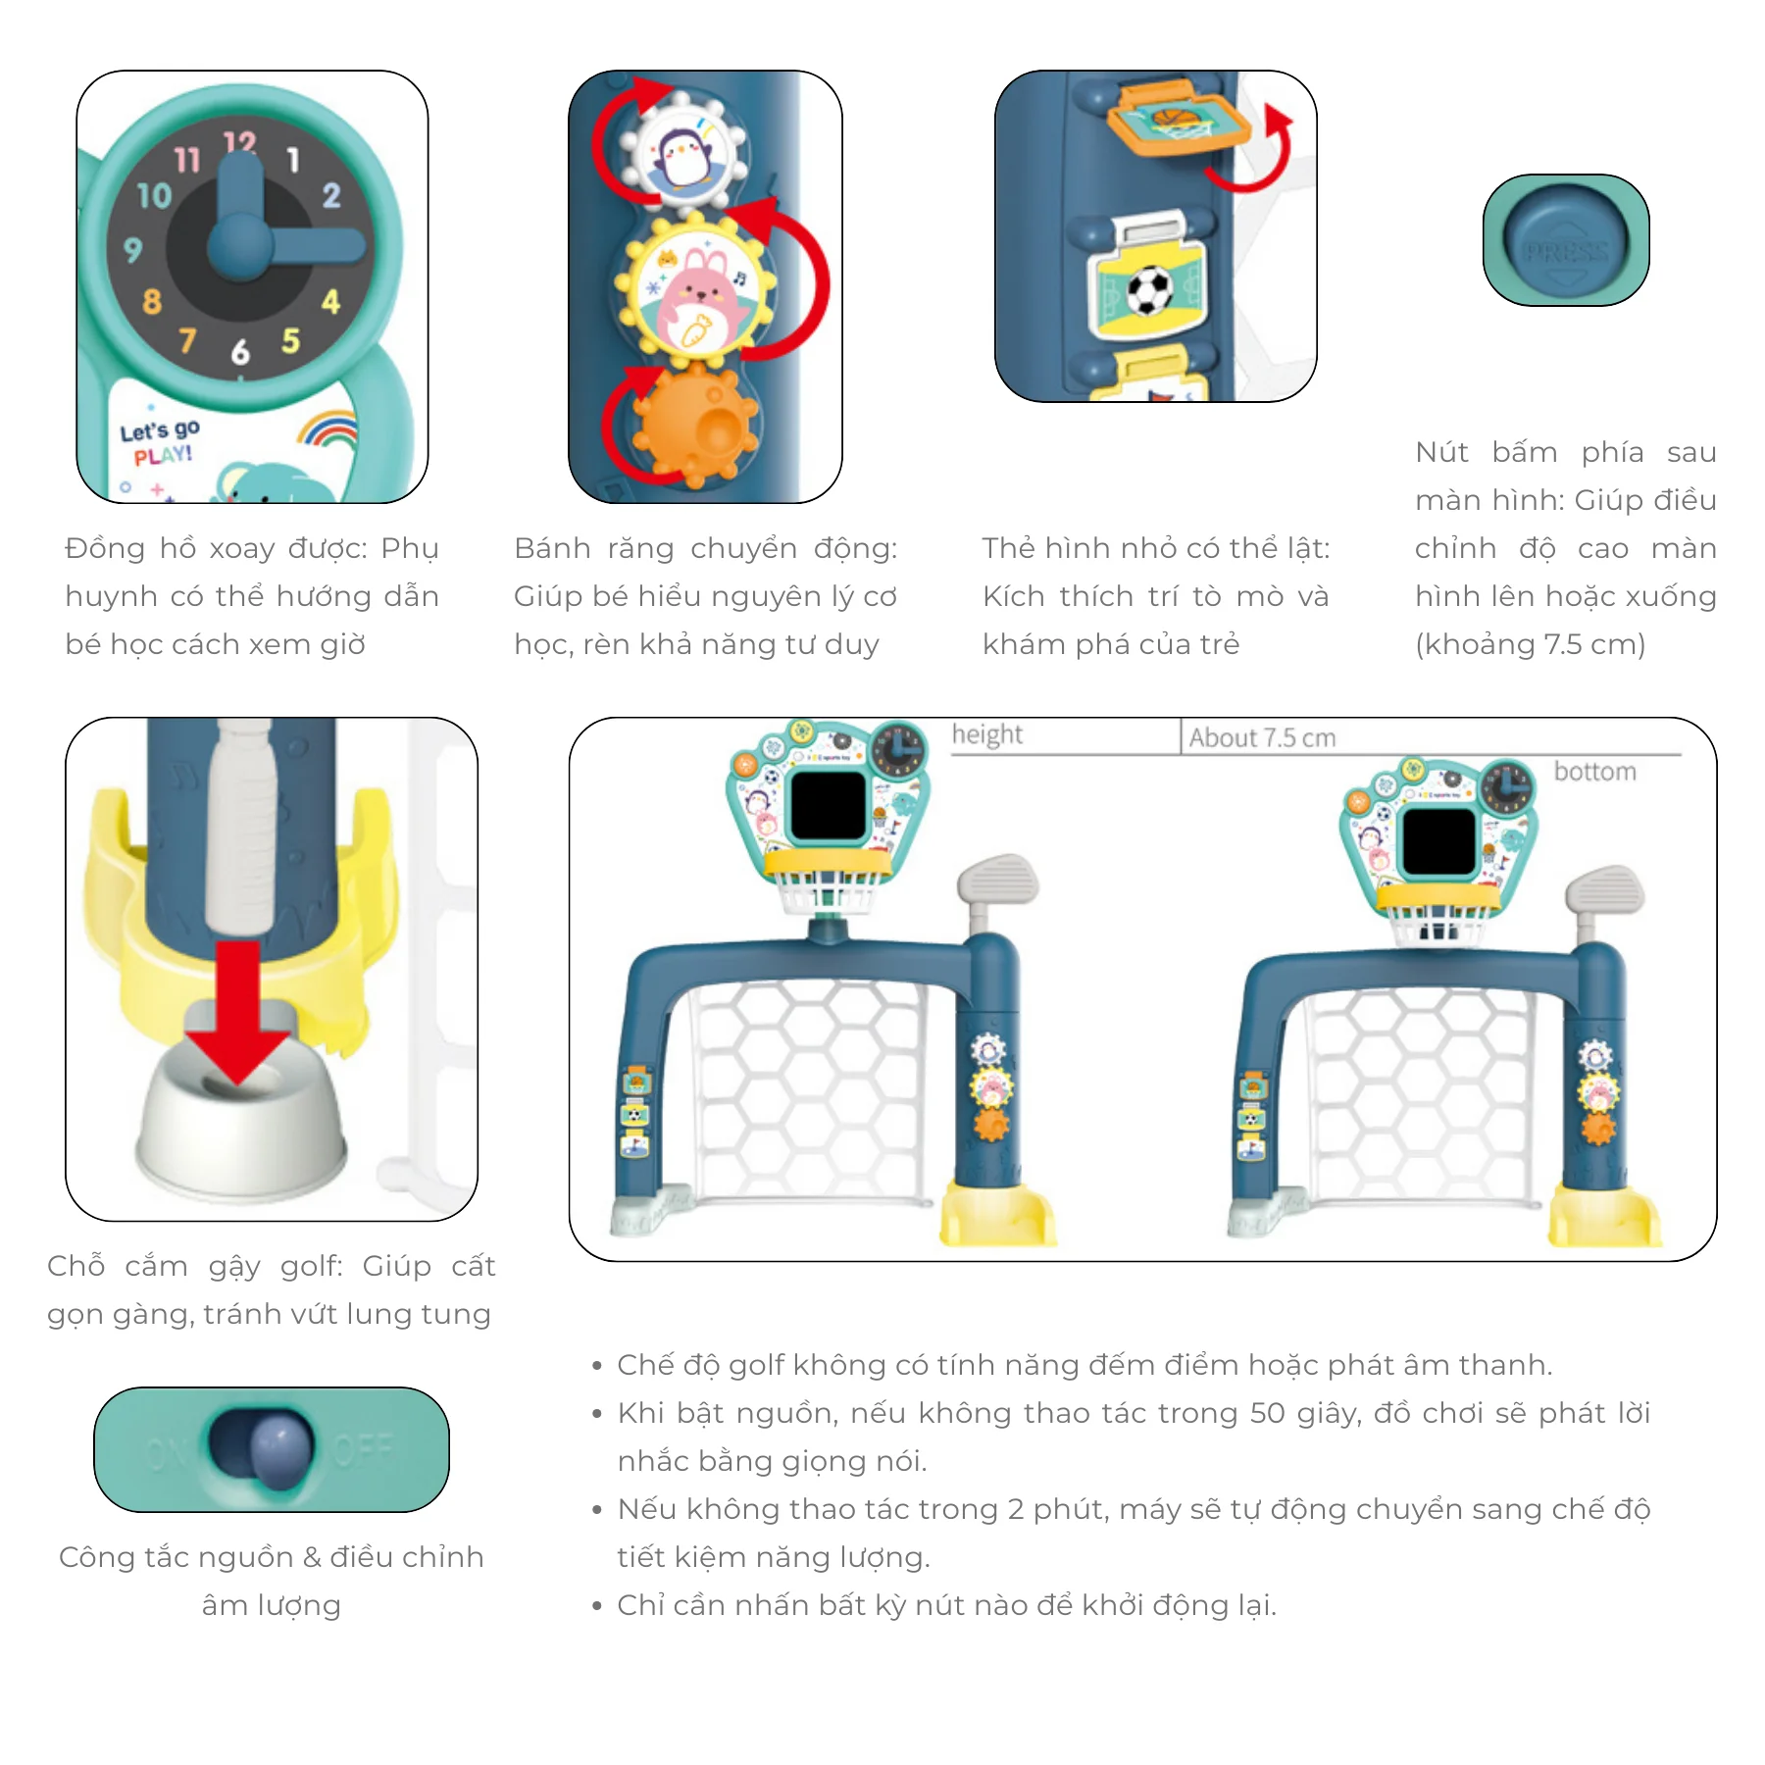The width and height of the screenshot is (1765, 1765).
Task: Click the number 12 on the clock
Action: coord(240,144)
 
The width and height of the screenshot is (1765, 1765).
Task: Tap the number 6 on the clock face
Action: coord(240,352)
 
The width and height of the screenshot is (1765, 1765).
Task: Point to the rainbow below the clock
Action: coord(328,429)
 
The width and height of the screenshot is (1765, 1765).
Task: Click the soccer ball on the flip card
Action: coord(1149,291)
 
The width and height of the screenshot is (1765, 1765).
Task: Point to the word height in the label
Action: coord(987,734)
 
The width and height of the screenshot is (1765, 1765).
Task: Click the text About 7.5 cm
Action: coord(1263,737)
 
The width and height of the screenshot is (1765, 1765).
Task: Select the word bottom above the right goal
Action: coord(1595,772)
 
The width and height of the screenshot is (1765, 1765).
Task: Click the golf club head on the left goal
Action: coord(997,881)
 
